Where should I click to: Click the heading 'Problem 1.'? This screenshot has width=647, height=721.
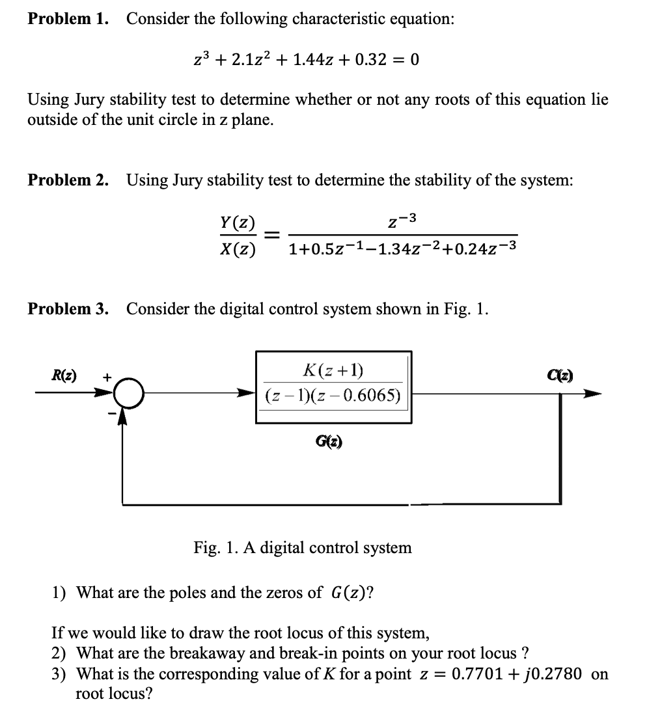click(x=68, y=19)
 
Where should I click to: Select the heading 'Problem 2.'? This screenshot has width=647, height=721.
click(x=68, y=180)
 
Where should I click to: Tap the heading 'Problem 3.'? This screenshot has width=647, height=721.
click(x=68, y=308)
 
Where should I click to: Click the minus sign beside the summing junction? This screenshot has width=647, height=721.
click(x=111, y=412)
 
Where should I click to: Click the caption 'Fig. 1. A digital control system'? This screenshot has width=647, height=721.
click(x=303, y=548)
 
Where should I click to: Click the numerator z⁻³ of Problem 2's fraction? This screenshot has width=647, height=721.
click(x=403, y=222)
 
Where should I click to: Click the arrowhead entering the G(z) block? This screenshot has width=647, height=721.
click(x=247, y=394)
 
